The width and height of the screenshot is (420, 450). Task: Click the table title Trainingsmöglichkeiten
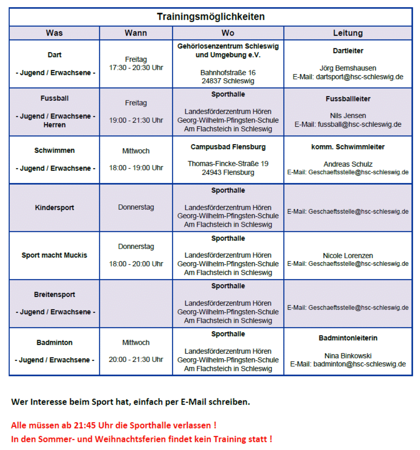click(211, 17)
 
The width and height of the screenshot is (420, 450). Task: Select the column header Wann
click(136, 33)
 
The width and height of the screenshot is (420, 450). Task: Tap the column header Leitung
click(348, 33)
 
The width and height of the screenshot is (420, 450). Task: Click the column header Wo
click(228, 33)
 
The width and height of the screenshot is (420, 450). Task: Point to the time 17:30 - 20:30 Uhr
click(136, 68)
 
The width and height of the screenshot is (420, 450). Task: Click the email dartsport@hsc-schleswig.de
click(359, 77)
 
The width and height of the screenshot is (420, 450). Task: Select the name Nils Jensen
click(348, 116)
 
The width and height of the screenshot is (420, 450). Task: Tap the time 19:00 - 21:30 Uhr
click(136, 120)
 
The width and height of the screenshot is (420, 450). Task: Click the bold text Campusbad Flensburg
click(228, 147)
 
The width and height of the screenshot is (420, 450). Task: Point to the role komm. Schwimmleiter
click(348, 147)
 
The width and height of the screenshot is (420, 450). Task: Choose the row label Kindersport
click(54, 207)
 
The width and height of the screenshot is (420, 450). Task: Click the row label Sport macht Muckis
click(54, 255)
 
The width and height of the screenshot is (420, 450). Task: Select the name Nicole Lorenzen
click(348, 255)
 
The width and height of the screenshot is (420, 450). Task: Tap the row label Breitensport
click(54, 294)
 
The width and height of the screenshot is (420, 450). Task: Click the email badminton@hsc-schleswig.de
click(359, 364)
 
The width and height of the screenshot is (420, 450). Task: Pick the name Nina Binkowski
click(348, 356)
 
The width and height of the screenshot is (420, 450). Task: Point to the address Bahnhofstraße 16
click(228, 73)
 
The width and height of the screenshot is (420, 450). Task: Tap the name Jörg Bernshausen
click(348, 68)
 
